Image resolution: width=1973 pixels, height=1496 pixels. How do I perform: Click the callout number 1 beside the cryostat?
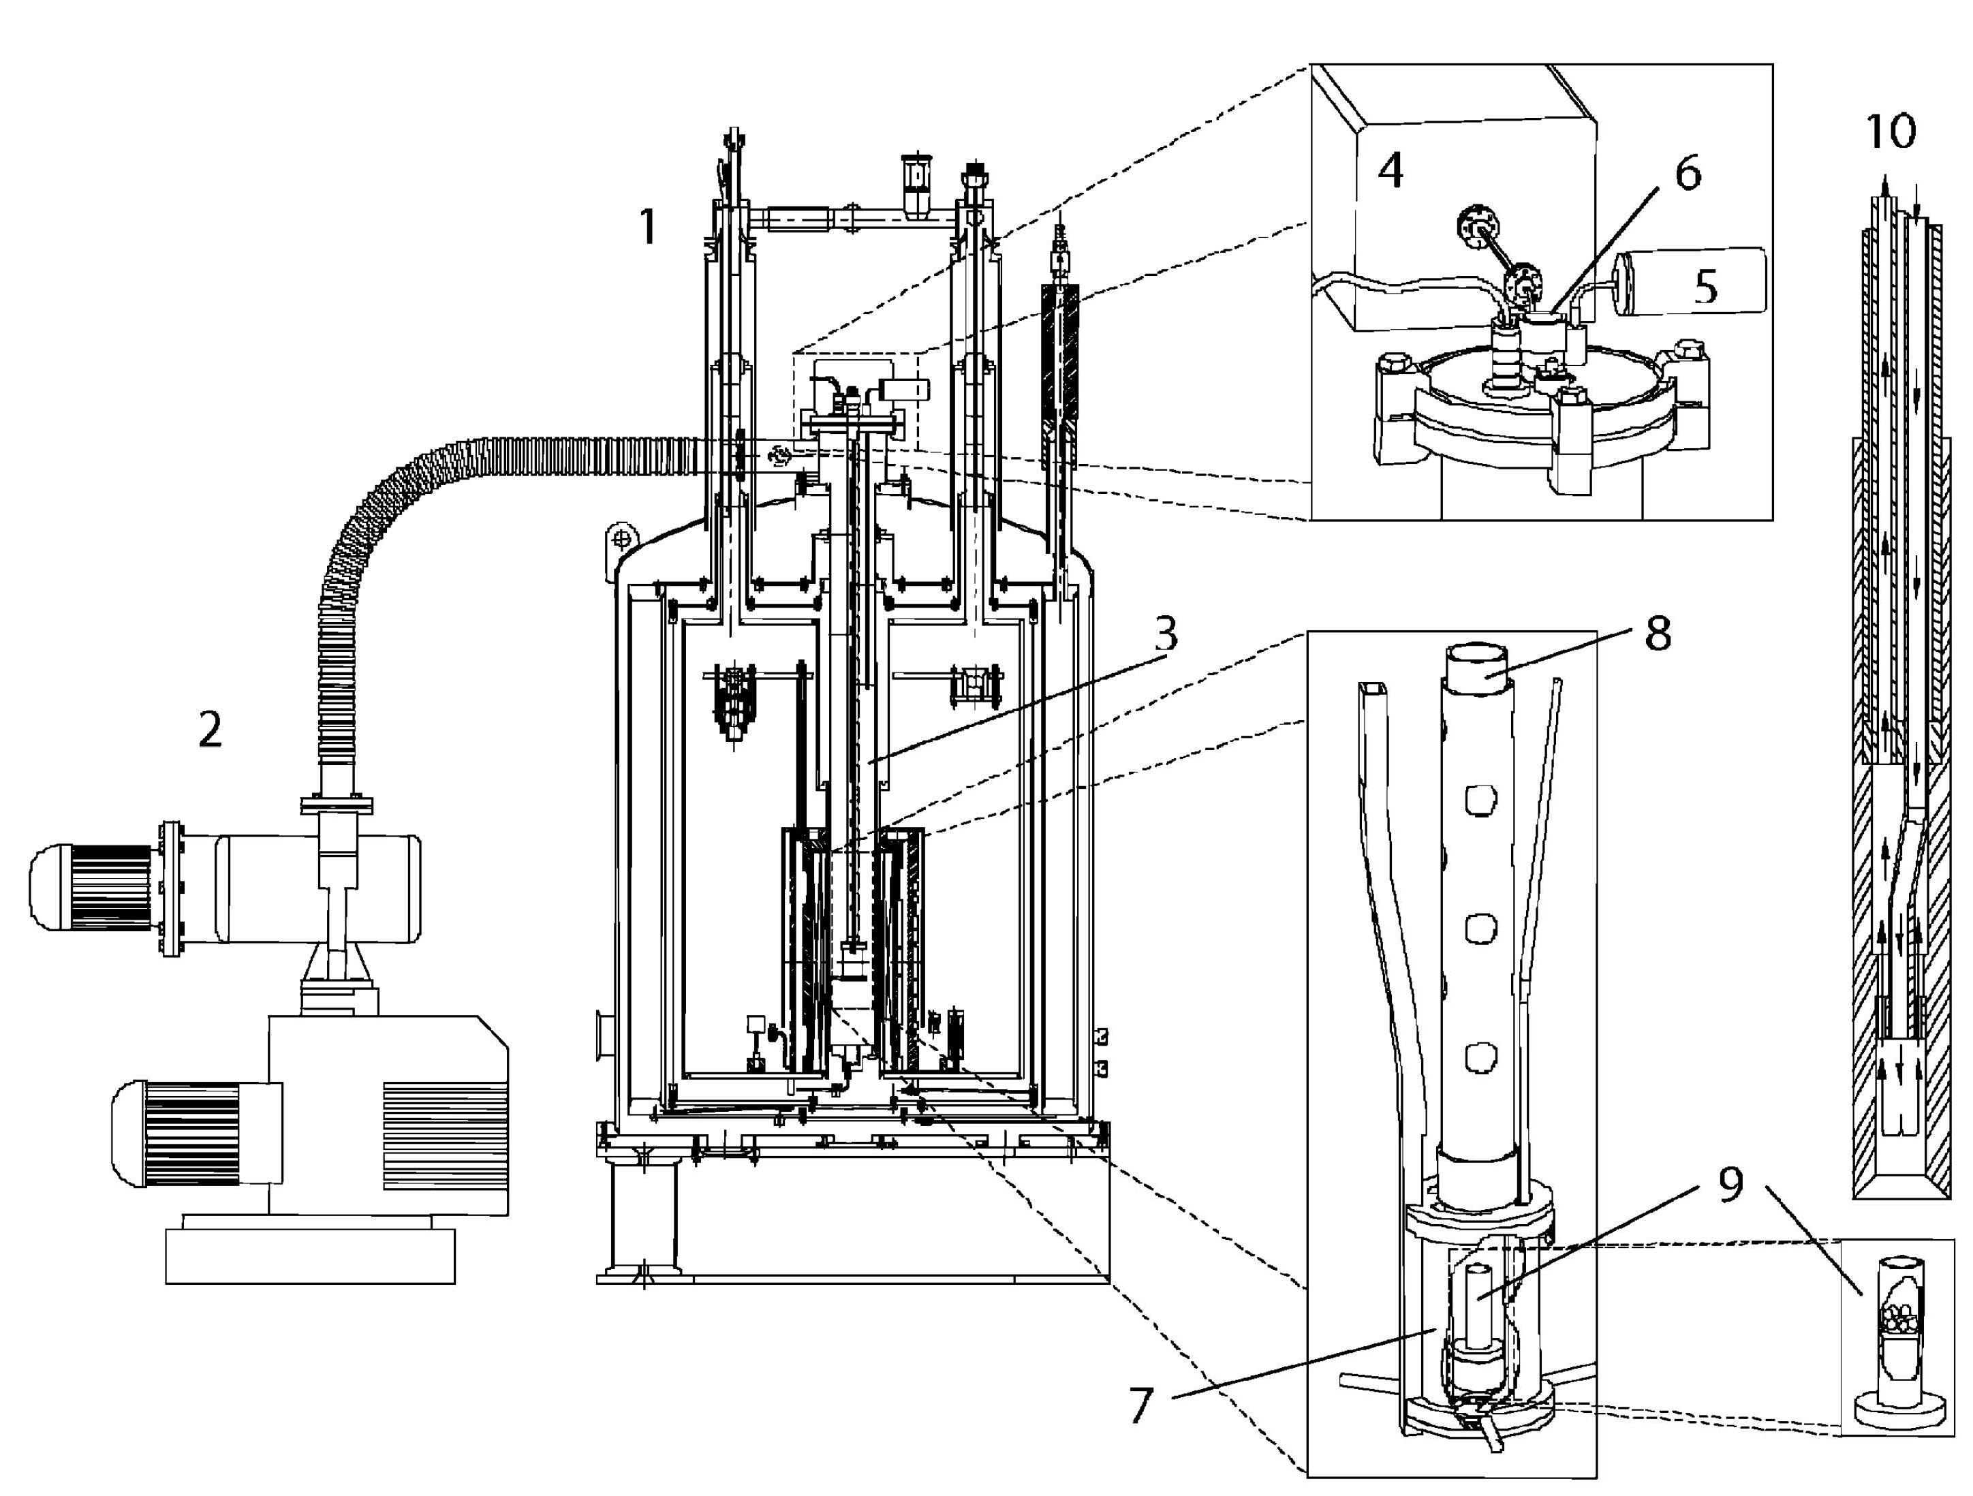[x=649, y=227]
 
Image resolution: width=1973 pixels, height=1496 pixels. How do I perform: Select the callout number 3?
[x=1166, y=634]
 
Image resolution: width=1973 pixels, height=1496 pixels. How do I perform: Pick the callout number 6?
[x=1687, y=172]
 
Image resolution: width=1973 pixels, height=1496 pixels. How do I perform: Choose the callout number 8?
[x=1658, y=634]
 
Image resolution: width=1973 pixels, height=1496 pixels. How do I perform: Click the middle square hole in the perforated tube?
[x=1480, y=929]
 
